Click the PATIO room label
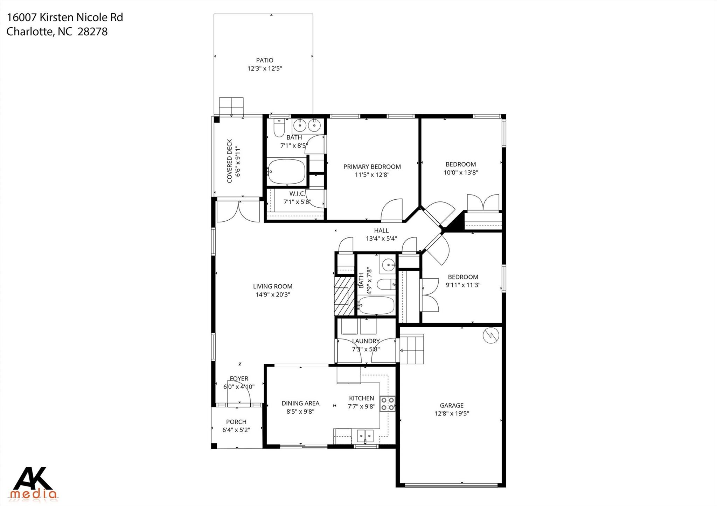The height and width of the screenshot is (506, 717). pyautogui.click(x=265, y=60)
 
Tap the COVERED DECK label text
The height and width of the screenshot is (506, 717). pyautogui.click(x=230, y=161)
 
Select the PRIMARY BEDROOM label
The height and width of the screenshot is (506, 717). pyautogui.click(x=372, y=167)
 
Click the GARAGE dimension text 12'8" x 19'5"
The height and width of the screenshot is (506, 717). pyautogui.click(x=452, y=414)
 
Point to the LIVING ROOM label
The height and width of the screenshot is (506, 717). pyautogui.click(x=273, y=286)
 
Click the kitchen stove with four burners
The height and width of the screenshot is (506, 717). pyautogui.click(x=388, y=404)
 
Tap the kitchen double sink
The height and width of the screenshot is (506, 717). pyautogui.click(x=365, y=436)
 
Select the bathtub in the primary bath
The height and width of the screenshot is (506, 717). pyautogui.click(x=286, y=171)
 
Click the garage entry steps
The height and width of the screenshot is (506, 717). pyautogui.click(x=412, y=349)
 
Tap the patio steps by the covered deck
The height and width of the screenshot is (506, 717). pyautogui.click(x=231, y=107)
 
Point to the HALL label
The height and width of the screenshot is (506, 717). pyautogui.click(x=381, y=231)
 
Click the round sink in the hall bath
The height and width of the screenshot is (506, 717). pyautogui.click(x=388, y=265)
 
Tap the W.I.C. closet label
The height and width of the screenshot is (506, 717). pyautogui.click(x=297, y=194)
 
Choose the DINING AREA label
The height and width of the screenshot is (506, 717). pyautogui.click(x=300, y=404)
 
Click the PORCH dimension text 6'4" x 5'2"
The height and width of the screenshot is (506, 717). pyautogui.click(x=236, y=430)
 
